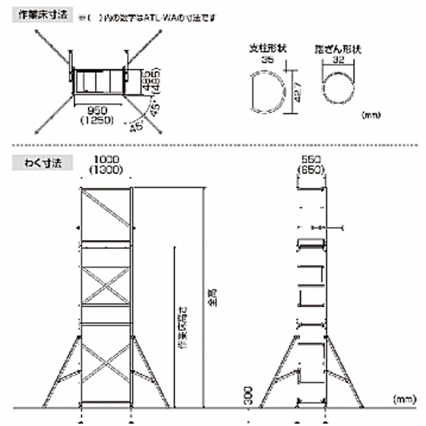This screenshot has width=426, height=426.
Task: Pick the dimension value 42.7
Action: point(299,92)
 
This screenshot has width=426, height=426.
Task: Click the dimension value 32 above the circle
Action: point(337,60)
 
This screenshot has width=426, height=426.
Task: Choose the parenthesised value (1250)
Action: point(97,121)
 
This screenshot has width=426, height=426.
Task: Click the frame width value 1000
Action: point(106,159)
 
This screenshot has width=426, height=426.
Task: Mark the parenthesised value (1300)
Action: point(106,170)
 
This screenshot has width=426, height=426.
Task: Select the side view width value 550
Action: point(311,159)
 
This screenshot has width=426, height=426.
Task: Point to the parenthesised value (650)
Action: point(311,170)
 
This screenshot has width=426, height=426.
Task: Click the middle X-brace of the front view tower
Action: point(106,286)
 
